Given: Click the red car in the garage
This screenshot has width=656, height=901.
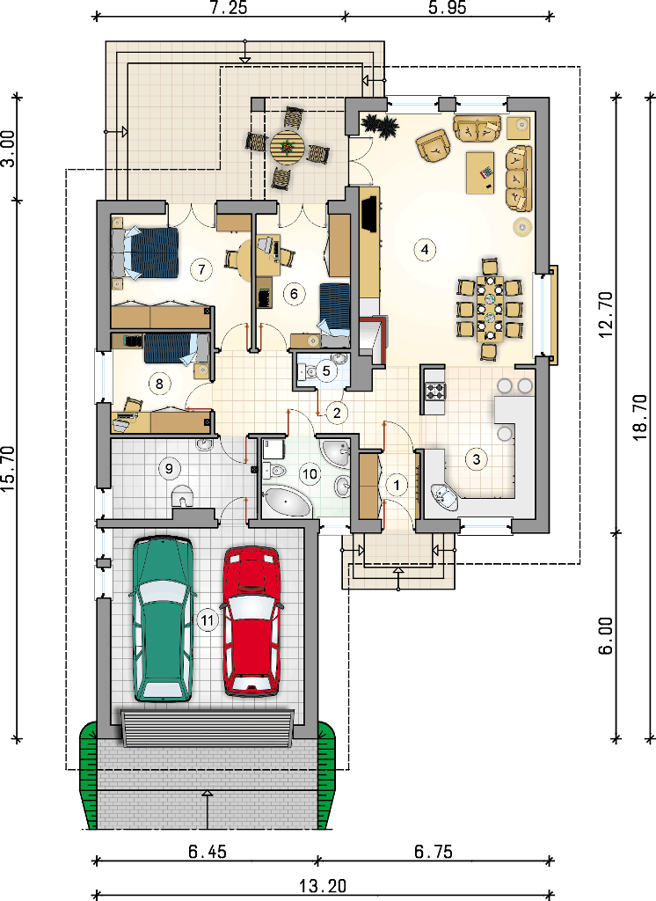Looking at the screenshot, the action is [x=251, y=621].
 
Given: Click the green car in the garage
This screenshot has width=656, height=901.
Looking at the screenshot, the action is [x=163, y=619].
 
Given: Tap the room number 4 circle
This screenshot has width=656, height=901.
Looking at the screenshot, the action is [x=425, y=249].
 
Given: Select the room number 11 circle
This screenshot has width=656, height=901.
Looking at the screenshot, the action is [x=207, y=620].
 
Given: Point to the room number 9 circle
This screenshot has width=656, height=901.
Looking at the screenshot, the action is [x=169, y=468].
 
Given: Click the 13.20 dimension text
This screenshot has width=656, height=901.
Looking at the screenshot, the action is [x=323, y=886].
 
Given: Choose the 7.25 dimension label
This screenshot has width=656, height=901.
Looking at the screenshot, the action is [x=228, y=7].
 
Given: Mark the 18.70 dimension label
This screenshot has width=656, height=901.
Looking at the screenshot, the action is [x=640, y=417].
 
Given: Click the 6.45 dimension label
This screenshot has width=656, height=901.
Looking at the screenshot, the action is [x=208, y=851].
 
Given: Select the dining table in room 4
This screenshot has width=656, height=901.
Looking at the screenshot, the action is [x=490, y=309].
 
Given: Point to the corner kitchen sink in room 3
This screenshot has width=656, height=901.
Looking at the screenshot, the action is [x=445, y=496].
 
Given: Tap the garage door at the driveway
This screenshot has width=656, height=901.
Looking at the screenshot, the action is [x=208, y=729].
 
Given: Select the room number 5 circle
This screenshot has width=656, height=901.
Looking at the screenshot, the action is [x=326, y=370].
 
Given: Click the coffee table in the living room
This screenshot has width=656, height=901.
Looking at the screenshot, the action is [x=480, y=172].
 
